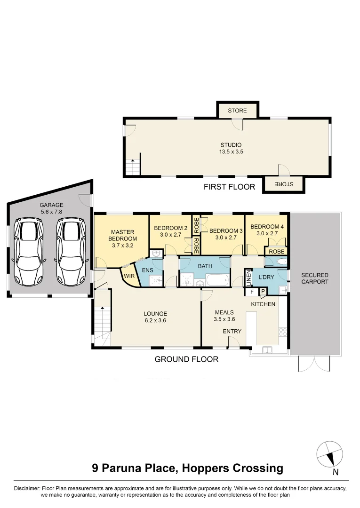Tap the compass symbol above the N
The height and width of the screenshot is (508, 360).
pyautogui.click(x=328, y=453)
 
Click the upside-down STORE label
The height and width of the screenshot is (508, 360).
pyautogui.click(x=283, y=184)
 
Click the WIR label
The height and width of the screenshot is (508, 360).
pyautogui.click(x=129, y=277)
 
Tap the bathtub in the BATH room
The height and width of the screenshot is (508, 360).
pyautogui.click(x=216, y=281)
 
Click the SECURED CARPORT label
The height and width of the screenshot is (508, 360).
pyautogui.click(x=315, y=278)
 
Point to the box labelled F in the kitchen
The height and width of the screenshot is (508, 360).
pyautogui.click(x=252, y=292)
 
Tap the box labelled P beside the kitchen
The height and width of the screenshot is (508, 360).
pyautogui.click(x=263, y=292)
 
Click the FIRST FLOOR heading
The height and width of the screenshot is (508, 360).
pyautogui.click(x=229, y=187)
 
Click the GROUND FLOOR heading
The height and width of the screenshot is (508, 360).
pyautogui.click(x=186, y=359)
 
